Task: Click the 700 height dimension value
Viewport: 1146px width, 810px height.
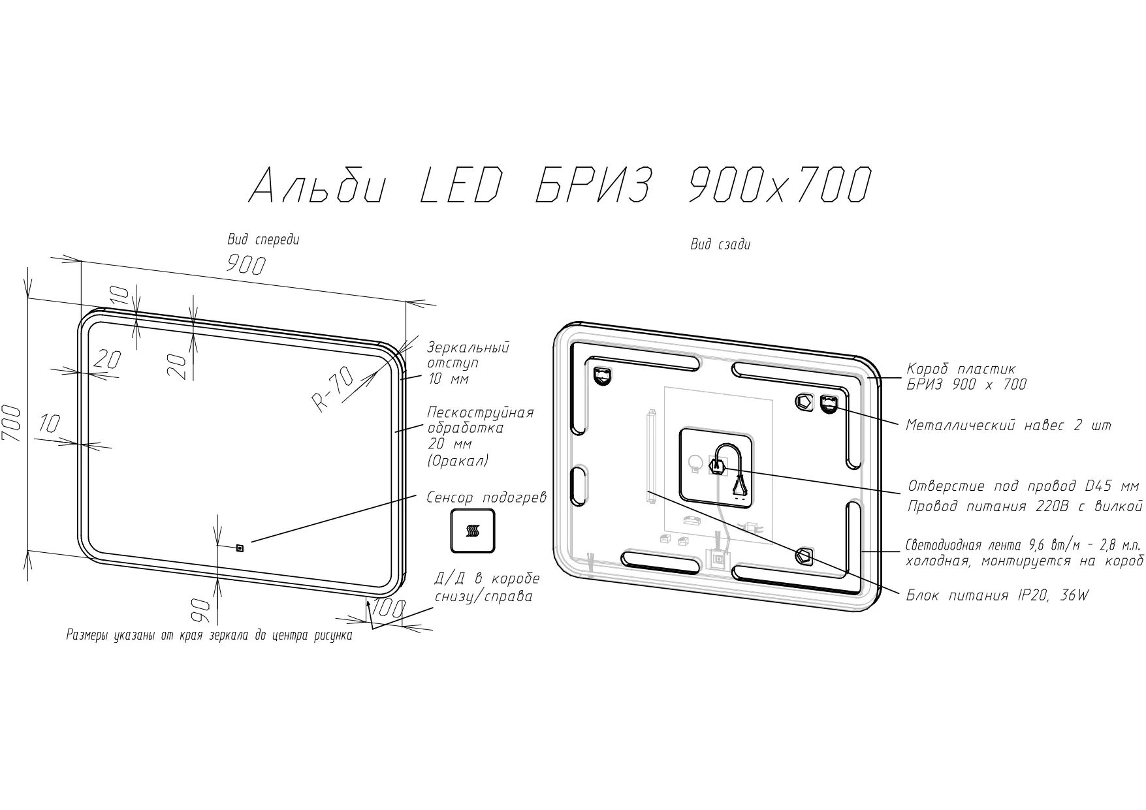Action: (14, 424)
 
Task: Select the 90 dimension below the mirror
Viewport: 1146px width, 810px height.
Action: (200, 611)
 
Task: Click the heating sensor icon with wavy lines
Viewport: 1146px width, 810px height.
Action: (472, 531)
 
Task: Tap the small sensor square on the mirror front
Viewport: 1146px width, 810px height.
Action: (240, 547)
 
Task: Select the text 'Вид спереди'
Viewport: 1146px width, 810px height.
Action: (263, 240)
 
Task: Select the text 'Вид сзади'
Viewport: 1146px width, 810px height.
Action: (720, 245)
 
